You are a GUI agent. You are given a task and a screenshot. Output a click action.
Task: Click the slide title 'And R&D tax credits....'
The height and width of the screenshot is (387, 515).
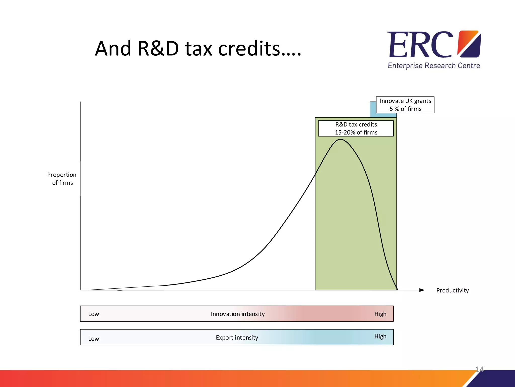pos(198,48)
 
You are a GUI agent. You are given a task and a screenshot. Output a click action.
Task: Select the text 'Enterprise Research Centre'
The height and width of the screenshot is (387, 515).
pos(434,66)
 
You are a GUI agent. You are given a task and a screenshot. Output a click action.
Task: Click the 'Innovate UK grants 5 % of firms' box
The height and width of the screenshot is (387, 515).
pos(405,105)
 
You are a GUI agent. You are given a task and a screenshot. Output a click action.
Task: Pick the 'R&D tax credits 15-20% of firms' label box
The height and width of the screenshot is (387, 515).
pos(356,128)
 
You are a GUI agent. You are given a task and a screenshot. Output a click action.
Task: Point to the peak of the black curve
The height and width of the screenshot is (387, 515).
pos(340,139)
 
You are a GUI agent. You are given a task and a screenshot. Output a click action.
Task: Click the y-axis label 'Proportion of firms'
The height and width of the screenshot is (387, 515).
pos(62,179)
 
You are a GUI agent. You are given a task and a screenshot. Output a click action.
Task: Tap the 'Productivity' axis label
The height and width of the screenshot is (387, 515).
pos(452,291)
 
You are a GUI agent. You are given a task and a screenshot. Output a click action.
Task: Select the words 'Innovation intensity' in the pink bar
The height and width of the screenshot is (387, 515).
pos(238,314)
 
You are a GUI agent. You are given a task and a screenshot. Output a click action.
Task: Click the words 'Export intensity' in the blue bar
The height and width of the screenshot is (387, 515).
pos(237,338)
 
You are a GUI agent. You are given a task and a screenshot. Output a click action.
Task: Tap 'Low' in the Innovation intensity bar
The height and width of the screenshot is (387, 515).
pos(94,314)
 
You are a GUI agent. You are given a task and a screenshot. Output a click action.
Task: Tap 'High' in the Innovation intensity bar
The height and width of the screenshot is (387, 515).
pos(380,314)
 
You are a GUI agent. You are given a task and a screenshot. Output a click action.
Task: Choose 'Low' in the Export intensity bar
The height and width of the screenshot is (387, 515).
pos(94,339)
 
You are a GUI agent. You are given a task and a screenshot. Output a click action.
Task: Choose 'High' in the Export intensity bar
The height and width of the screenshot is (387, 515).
pos(380,336)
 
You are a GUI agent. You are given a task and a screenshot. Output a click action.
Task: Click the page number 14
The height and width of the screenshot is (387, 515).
pos(479,369)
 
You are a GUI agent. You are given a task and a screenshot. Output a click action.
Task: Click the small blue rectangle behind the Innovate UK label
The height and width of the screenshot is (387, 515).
pos(373,110)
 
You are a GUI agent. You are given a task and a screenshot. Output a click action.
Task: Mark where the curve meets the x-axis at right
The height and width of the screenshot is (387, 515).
pos(397,290)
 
